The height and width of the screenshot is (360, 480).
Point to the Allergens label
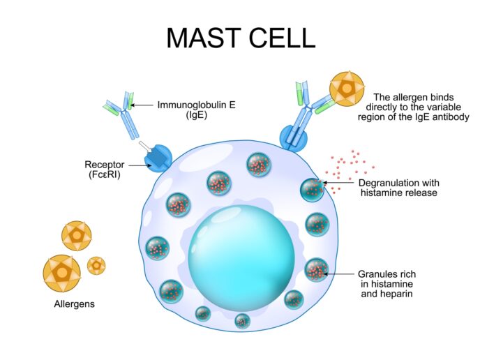[75, 305]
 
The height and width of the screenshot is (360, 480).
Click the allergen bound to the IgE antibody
[347, 89]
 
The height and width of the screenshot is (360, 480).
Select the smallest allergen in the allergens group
[96, 265]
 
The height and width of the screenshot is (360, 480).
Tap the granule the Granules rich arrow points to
[316, 269]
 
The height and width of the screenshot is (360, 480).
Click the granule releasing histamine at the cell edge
[311, 189]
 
